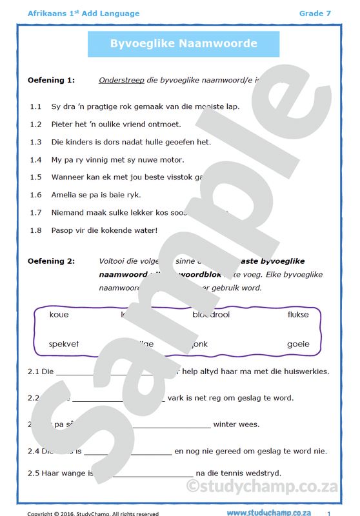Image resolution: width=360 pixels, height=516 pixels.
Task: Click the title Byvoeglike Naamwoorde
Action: (x=183, y=44)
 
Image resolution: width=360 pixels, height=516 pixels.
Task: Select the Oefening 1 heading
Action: (x=51, y=81)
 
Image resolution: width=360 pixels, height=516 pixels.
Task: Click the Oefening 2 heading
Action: (x=51, y=261)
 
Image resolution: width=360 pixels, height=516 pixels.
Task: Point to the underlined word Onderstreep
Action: (x=121, y=81)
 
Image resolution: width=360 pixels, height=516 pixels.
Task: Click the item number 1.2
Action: (x=35, y=124)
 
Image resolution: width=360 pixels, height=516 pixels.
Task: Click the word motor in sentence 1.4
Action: (x=171, y=159)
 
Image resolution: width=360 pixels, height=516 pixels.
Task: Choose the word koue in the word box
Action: (x=59, y=315)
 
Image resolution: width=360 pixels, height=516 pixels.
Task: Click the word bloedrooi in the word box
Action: (x=211, y=315)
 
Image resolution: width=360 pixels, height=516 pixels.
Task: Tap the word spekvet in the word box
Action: (x=64, y=344)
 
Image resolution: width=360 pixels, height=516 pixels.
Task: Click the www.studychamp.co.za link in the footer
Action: (x=274, y=511)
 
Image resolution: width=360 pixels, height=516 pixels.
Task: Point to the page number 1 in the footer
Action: (x=329, y=513)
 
